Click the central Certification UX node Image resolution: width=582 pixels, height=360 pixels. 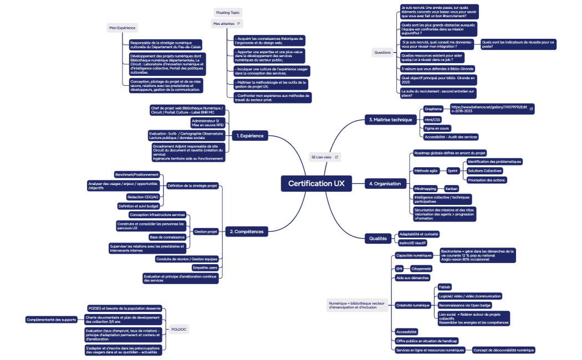point(316,183)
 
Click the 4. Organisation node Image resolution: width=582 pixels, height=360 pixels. point(385,183)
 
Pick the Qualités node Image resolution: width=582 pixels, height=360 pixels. point(378,238)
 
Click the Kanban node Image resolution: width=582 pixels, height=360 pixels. point(451,188)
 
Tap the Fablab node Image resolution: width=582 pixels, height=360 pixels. point(445,287)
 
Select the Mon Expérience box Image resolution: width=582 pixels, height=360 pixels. point(121,27)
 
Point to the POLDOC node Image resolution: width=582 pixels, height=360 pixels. point(179,329)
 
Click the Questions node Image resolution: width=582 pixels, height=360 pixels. point(382,53)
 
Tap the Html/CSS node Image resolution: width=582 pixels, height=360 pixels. point(432,119)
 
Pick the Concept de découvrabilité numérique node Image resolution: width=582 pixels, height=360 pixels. point(503,350)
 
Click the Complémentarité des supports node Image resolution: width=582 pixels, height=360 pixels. point(52,320)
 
